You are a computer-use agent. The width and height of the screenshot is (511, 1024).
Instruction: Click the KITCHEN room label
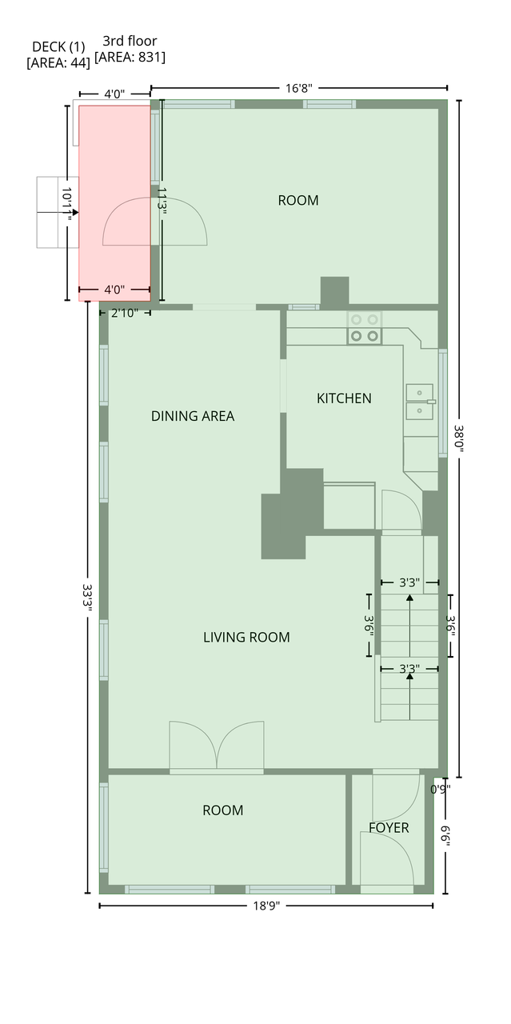[344, 398]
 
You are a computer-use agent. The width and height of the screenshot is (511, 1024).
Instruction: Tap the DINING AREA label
[193, 416]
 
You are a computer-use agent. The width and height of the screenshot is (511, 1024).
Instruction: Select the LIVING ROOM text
[246, 638]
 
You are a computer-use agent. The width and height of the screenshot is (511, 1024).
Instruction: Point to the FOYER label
[389, 828]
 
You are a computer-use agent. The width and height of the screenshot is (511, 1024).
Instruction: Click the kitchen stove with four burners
[365, 328]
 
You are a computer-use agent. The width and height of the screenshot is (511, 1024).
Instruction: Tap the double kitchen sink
[420, 402]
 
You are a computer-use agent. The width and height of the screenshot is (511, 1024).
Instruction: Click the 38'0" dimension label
[459, 438]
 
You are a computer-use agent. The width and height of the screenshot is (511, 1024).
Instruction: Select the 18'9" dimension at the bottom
[266, 906]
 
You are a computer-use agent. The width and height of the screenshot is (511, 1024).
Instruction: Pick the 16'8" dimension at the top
[299, 88]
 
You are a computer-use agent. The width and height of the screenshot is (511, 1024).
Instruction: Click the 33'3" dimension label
[87, 594]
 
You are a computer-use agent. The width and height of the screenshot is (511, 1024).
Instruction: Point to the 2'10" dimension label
[124, 313]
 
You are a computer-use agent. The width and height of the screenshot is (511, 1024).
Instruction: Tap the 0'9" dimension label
[440, 789]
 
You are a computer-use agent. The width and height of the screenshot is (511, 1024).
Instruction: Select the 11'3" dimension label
[162, 198]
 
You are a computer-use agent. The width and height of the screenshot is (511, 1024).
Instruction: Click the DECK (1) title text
[58, 46]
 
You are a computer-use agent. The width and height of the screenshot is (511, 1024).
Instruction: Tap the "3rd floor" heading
[130, 41]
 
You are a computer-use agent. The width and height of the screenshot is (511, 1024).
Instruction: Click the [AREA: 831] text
[130, 58]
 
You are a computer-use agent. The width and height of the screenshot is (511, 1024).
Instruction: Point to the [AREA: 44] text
[58, 63]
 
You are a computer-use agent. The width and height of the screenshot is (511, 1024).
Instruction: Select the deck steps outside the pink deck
[58, 213]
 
